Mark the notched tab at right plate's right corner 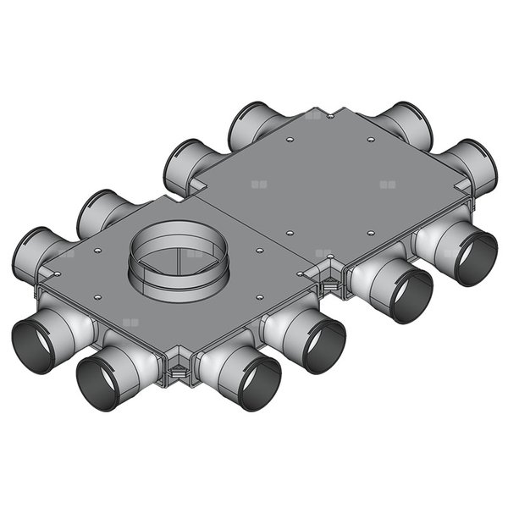click(461, 184)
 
